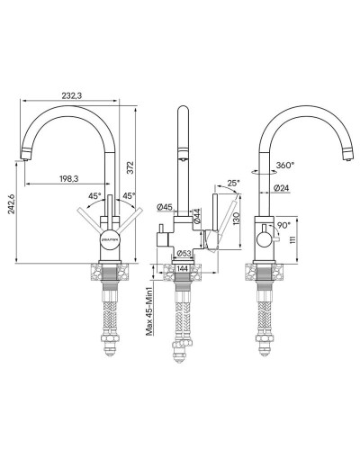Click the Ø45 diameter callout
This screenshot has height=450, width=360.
164,208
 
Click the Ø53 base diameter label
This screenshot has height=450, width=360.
183,253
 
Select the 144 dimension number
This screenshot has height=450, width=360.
184,269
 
